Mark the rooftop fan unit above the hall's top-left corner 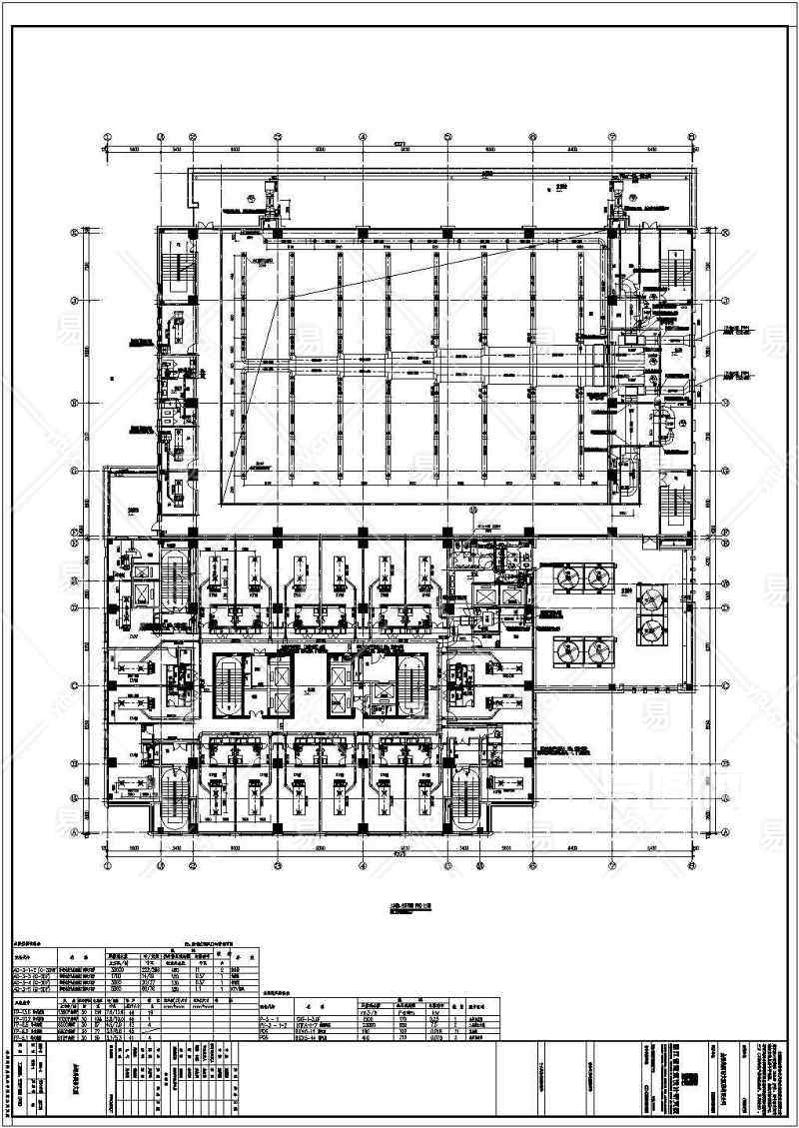pos(268,198)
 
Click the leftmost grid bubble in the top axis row pos(107,140)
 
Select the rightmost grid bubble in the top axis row pos(691,140)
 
